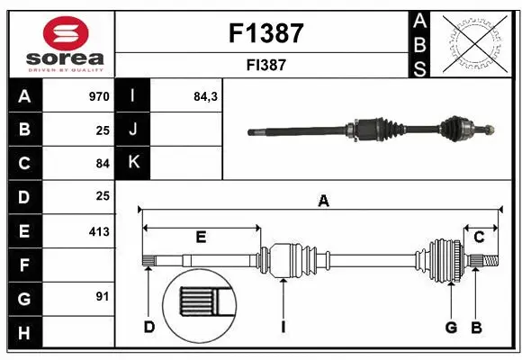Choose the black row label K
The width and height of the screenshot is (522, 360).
pos(133,163)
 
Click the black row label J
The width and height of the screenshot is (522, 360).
pos(133,130)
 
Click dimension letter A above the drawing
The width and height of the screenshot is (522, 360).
pos(323,202)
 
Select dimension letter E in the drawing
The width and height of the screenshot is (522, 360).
pos(201,238)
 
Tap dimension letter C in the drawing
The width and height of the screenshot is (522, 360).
pos(480,237)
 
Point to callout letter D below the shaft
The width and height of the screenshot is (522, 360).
pos(149,327)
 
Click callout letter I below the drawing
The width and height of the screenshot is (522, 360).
pos(283,327)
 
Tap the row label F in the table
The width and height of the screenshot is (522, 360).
pos(23,265)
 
